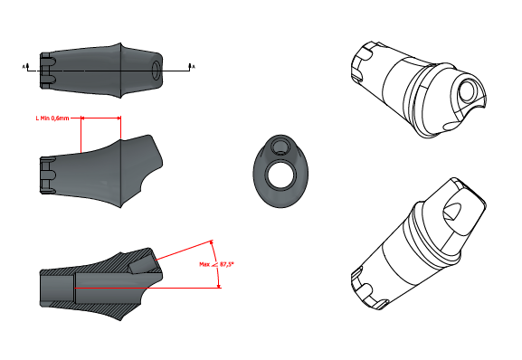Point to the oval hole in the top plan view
click(156, 70)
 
